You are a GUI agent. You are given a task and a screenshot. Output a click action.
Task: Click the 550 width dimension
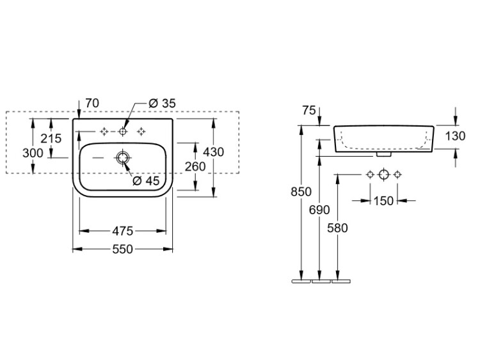(122, 249)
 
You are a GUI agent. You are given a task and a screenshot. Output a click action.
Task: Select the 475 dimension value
(122, 230)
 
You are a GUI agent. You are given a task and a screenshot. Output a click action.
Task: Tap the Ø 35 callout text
(161, 103)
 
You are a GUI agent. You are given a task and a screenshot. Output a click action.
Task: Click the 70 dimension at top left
(92, 103)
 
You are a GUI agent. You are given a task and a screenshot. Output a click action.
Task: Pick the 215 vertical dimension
(51, 138)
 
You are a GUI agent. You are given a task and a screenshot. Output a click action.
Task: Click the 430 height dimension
(213, 152)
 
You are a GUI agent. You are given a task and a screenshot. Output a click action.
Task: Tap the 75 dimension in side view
(309, 110)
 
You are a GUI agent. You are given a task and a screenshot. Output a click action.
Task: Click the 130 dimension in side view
(455, 136)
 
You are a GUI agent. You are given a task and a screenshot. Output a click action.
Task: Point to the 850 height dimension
(300, 191)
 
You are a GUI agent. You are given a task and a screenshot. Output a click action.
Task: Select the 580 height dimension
(337, 227)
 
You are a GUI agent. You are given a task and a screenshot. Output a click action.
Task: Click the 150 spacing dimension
(383, 201)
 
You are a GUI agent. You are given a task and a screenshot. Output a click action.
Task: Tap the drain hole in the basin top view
(123, 157)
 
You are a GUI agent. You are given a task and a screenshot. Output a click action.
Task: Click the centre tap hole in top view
(123, 131)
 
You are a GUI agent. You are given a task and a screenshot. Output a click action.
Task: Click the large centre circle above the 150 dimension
(383, 175)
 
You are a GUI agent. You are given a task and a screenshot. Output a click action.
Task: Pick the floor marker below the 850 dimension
(300, 280)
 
